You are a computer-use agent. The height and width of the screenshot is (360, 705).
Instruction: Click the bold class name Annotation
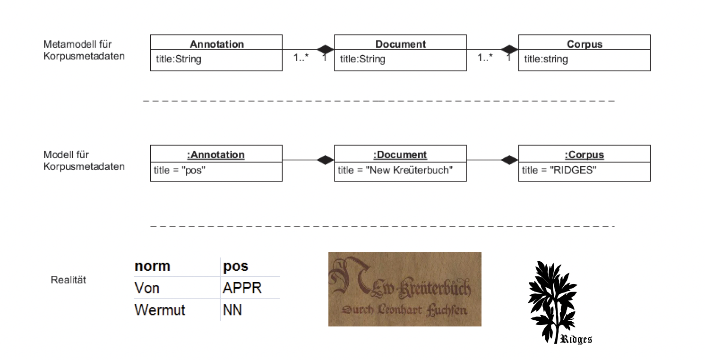click(216, 44)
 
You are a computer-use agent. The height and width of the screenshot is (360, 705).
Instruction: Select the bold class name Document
click(400, 44)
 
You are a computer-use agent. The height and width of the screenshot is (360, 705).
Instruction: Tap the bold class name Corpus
click(585, 44)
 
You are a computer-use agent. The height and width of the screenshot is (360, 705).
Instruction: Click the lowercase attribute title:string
click(546, 59)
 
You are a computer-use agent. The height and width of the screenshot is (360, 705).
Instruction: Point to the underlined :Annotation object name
click(216, 155)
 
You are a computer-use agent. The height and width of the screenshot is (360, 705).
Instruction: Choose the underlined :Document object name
click(400, 155)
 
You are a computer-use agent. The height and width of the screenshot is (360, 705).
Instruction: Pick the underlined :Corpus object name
click(585, 155)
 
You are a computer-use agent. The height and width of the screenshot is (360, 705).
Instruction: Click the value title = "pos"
click(180, 170)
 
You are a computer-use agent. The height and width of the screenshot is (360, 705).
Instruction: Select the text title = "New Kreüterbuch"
click(395, 170)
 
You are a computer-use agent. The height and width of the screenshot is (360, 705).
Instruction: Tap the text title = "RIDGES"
click(559, 170)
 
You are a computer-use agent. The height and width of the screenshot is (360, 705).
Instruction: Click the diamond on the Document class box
click(326, 50)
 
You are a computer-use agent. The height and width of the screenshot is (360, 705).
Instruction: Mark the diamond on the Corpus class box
click(509, 50)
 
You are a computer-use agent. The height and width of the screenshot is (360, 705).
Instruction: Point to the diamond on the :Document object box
click(326, 160)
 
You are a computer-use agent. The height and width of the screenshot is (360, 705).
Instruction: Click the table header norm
click(152, 266)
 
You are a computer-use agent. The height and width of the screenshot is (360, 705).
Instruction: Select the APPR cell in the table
click(242, 288)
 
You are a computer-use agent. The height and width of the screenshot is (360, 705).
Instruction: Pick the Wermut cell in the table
click(160, 310)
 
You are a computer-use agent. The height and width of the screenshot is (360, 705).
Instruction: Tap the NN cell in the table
click(232, 310)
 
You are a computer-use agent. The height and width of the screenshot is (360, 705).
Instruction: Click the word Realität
click(69, 280)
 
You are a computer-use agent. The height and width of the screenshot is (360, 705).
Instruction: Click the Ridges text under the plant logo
click(576, 339)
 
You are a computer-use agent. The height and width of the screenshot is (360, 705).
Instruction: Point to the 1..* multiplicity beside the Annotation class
click(301, 57)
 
